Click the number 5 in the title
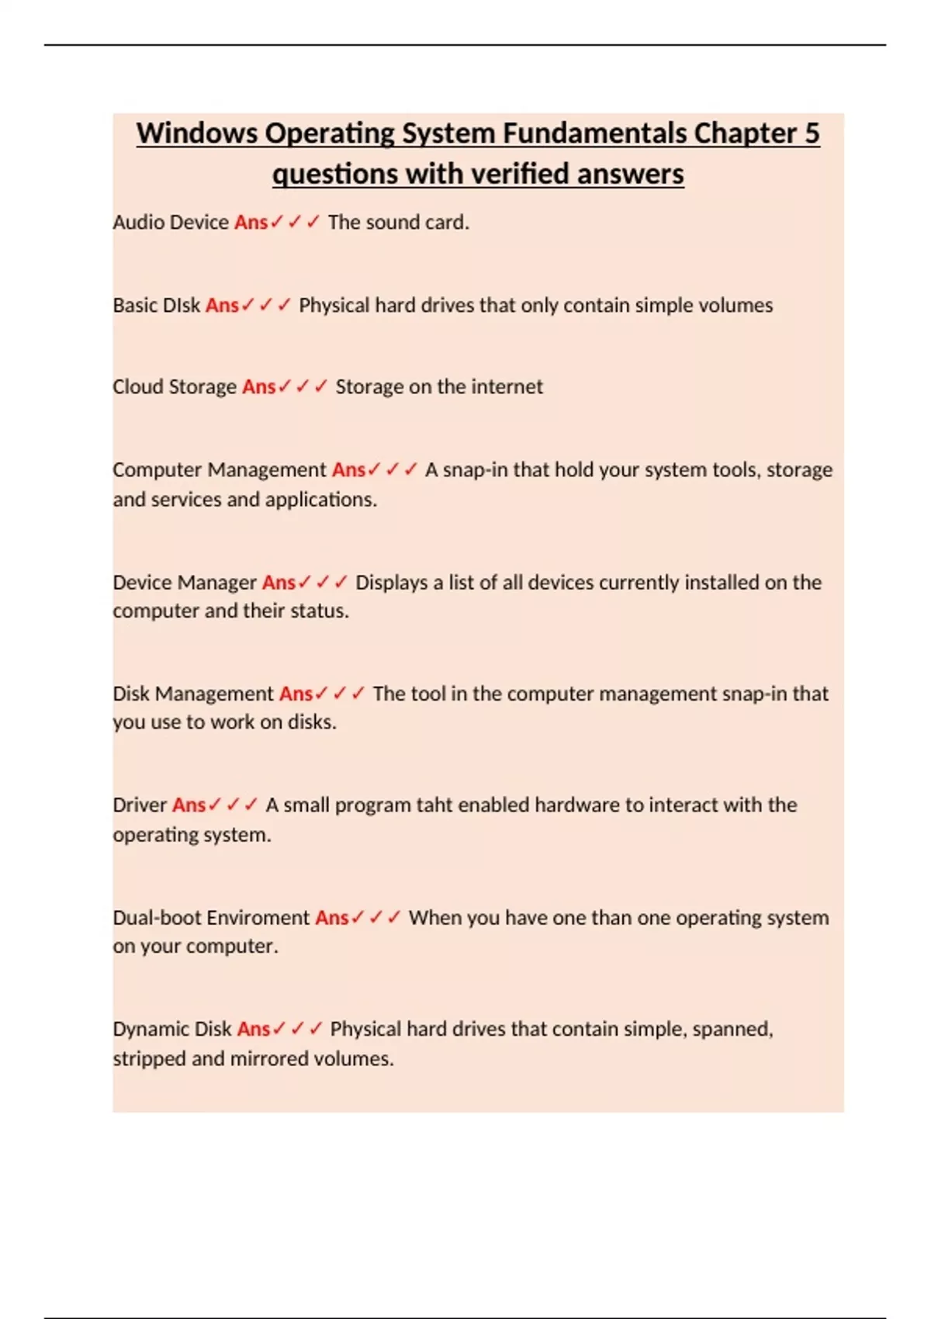click(811, 133)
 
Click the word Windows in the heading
click(197, 133)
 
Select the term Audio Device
click(171, 223)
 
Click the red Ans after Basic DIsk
click(222, 306)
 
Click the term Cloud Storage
click(175, 386)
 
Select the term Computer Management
click(220, 470)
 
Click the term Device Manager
click(185, 583)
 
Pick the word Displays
click(391, 583)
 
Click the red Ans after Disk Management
click(296, 694)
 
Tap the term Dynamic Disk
click(172, 1030)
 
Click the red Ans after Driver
click(189, 805)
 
